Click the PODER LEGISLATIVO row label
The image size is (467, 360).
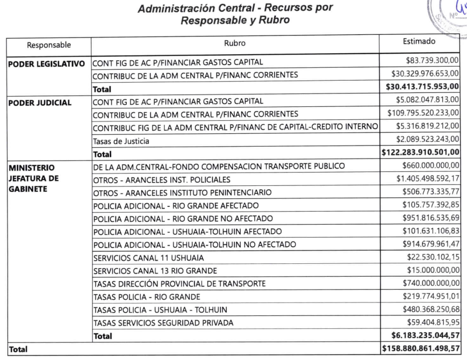(x=47, y=64)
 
